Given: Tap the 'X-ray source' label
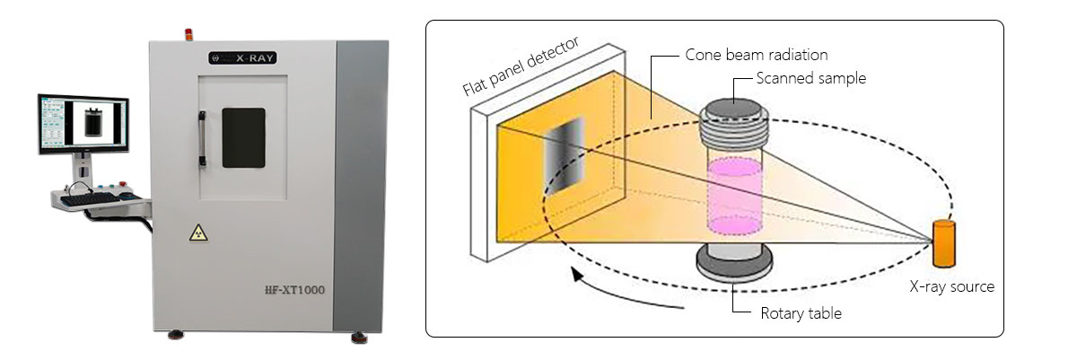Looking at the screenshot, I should (x=951, y=287).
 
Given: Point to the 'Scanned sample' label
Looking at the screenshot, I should (x=810, y=78).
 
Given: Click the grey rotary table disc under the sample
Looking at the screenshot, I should (x=733, y=263).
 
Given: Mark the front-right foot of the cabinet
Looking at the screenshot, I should (x=358, y=337).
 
